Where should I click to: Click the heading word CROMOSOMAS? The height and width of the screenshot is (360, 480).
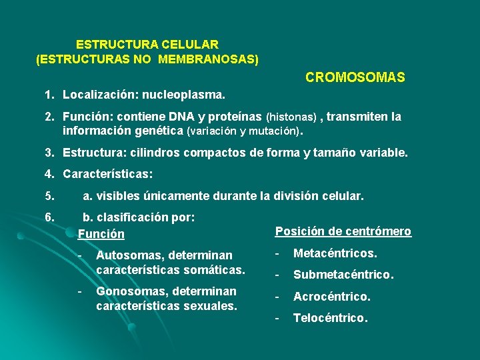(355, 78)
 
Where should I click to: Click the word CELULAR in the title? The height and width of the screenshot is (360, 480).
(189, 45)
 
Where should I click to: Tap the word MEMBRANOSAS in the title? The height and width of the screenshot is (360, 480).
(215, 59)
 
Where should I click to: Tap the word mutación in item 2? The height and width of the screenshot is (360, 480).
(271, 131)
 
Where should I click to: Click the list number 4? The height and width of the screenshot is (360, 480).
(49, 174)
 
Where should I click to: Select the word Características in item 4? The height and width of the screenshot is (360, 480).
(107, 174)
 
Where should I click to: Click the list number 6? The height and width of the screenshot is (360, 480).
(49, 217)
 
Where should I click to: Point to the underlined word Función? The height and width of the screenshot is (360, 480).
(101, 234)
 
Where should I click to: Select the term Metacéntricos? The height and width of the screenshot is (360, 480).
(335, 253)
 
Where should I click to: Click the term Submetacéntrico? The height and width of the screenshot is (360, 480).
(343, 275)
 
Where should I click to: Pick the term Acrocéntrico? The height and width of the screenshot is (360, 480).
(332, 296)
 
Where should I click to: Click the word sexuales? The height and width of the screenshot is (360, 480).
(214, 306)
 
